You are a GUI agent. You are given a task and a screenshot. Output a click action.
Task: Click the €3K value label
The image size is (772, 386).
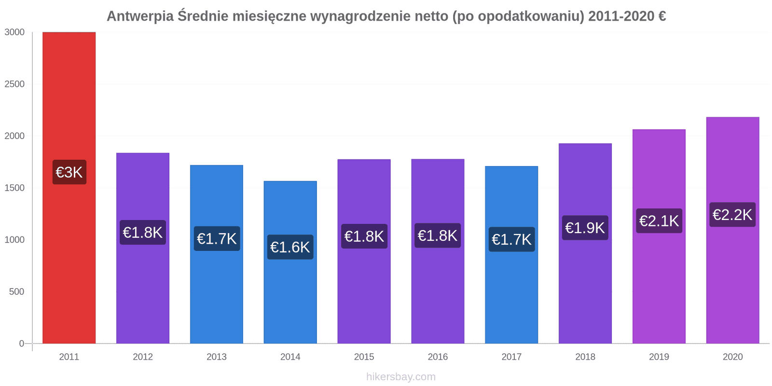(69, 172)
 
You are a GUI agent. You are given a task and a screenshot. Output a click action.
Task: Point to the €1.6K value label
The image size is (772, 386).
(290, 247)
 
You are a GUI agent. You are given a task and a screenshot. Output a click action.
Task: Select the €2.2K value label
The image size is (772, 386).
(732, 215)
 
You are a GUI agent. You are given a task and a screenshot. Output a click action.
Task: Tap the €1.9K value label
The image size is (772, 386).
(585, 228)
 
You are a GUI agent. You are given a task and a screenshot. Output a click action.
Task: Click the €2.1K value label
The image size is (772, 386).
(659, 221)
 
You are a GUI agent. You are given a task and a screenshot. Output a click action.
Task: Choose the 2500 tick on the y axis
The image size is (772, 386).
(14, 84)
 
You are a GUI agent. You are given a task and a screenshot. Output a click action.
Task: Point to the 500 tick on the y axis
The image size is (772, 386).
(16, 291)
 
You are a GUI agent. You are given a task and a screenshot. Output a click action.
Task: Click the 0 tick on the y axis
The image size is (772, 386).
(21, 344)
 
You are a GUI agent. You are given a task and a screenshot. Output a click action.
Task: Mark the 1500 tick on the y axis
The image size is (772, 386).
(14, 188)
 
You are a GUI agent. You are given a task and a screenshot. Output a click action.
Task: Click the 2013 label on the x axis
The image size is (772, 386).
(217, 357)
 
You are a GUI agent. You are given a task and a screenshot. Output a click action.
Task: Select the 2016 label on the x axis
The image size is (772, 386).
(438, 357)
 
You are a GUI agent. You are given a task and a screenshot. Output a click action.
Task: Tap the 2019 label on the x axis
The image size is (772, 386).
(659, 357)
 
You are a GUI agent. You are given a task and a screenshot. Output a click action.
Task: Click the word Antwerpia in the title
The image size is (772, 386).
(140, 16)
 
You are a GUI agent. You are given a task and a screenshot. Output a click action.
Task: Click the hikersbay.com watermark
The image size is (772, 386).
(400, 377)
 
